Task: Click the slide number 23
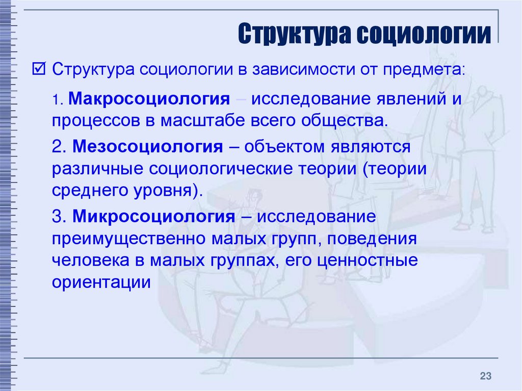coord(485,376)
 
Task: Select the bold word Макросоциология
coord(149,99)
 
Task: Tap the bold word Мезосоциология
coord(147,146)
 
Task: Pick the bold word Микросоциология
coord(154,217)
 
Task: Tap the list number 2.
coord(60,146)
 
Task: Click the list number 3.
coord(60,217)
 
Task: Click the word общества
coord(345,121)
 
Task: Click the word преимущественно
coord(128,239)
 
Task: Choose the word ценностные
coord(367,260)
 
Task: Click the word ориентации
coord(101,282)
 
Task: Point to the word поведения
coord(372,239)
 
